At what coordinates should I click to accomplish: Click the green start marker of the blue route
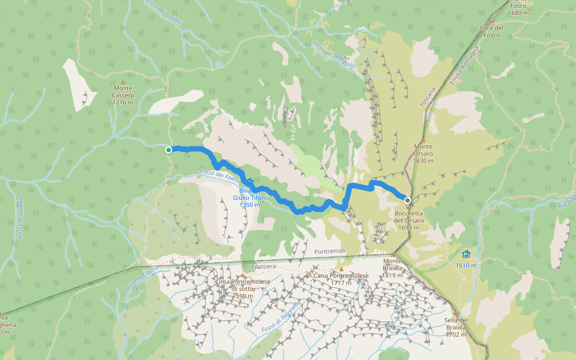[x=169, y=149]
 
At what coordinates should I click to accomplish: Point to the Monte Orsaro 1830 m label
[x=423, y=153]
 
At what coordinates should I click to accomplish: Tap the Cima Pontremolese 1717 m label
[x=341, y=278]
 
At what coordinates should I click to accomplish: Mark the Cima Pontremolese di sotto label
[x=244, y=289]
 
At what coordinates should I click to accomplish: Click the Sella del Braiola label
[x=456, y=327]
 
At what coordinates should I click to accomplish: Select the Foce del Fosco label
[x=491, y=31]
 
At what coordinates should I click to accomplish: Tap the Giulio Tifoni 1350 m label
[x=250, y=201]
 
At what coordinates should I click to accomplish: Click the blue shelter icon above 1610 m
[x=466, y=254]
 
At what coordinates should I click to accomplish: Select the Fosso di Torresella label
[x=281, y=317]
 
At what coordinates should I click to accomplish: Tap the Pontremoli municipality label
[x=331, y=252]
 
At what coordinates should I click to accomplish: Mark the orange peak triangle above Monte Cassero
[x=123, y=82]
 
